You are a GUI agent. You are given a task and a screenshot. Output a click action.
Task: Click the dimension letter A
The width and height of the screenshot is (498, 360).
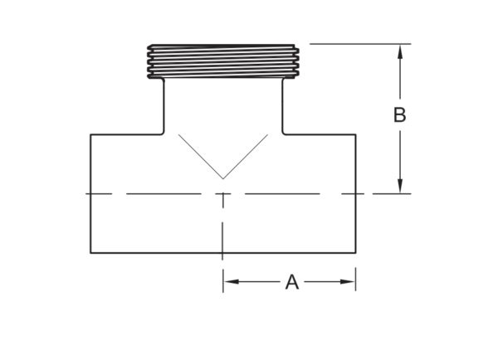(292, 282)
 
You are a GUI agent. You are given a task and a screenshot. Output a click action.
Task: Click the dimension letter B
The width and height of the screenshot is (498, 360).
(399, 115)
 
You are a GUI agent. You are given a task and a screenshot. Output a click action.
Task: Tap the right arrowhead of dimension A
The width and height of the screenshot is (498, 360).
(348, 281)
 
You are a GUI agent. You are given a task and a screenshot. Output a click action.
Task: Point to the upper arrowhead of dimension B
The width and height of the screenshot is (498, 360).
(400, 51)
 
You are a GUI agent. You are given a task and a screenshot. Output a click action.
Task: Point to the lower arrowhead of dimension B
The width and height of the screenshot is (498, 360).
(400, 186)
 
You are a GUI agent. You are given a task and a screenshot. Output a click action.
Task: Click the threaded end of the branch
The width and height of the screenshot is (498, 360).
(223, 61)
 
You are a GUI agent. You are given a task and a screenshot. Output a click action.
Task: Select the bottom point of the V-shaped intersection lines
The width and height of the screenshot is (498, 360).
(223, 179)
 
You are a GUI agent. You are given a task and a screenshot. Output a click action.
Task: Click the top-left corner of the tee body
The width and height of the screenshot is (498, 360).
(90, 134)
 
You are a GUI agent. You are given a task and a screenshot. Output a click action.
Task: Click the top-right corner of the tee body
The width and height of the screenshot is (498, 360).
(355, 134)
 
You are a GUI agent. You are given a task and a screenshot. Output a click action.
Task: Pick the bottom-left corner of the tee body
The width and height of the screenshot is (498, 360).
(90, 253)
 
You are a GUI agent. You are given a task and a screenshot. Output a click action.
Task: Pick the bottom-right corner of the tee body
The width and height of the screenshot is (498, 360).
(355, 253)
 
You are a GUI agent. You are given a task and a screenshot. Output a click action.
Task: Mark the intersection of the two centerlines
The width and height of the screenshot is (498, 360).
(223, 193)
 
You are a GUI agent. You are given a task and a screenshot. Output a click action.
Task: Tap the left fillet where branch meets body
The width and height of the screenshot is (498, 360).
(163, 133)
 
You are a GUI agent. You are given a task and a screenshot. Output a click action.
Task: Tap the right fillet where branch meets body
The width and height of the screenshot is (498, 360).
(284, 133)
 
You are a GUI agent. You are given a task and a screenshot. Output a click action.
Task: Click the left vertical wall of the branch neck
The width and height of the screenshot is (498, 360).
(164, 105)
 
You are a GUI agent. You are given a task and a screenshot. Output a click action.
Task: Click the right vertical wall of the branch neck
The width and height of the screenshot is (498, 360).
(283, 105)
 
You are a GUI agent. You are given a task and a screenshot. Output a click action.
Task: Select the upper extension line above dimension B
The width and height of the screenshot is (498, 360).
(360, 44)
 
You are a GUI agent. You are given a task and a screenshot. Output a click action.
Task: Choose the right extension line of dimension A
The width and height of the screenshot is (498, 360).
(355, 280)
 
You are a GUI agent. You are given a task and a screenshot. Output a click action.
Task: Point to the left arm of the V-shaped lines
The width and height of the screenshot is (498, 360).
(201, 157)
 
